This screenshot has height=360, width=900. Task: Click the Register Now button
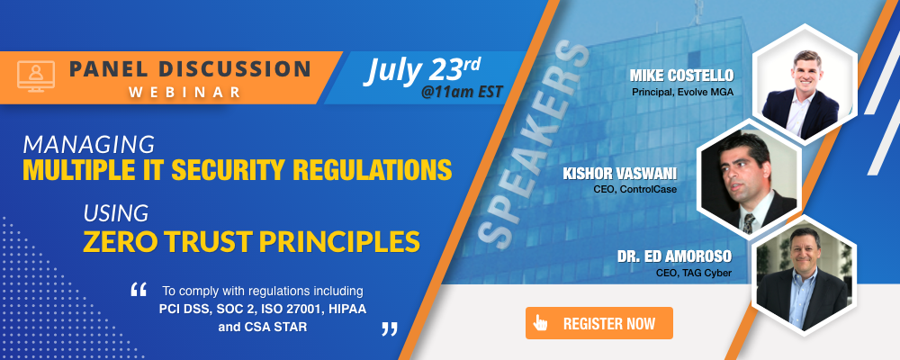click(598, 323)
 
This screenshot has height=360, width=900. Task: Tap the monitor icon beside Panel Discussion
click(36, 76)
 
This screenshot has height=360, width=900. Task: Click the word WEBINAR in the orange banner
click(185, 92)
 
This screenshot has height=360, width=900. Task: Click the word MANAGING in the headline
click(89, 144)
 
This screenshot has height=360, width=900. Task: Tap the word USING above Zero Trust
click(116, 213)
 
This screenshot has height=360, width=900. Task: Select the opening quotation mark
click(139, 290)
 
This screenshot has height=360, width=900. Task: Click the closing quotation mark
click(390, 328)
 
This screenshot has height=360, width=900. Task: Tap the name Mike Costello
click(682, 76)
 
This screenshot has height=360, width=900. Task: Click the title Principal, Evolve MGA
click(683, 92)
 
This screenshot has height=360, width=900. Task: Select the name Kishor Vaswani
click(620, 174)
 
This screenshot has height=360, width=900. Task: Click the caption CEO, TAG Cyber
click(694, 273)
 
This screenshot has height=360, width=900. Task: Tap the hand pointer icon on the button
click(540, 323)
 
